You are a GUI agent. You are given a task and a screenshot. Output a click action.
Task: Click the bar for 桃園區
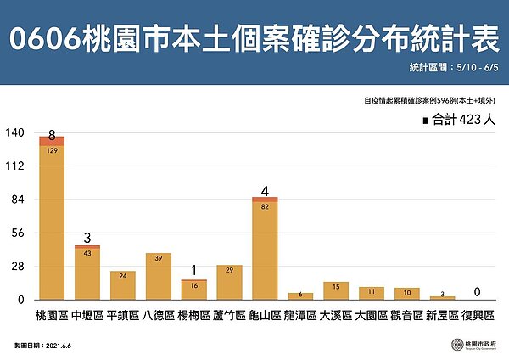point(52,221)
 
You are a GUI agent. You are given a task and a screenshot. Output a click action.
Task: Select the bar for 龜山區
point(265,250)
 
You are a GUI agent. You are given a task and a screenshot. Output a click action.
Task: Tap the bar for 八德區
point(159,277)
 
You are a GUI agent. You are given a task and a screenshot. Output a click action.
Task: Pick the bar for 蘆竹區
point(229,282)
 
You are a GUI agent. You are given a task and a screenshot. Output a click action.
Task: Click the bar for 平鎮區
point(123,285)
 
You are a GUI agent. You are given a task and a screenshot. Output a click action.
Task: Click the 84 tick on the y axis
point(15,200)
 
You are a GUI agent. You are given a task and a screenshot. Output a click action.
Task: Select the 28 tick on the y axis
point(15,267)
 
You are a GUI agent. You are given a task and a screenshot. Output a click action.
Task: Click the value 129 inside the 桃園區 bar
point(52,150)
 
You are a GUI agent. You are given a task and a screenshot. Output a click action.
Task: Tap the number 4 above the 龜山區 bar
point(266,190)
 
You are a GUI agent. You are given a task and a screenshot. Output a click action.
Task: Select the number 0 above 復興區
point(478,292)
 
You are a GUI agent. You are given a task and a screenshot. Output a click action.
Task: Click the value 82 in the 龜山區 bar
point(266,205)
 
